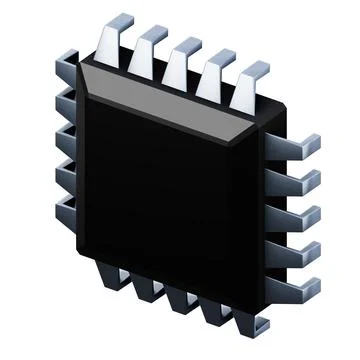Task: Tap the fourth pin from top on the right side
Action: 304,250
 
